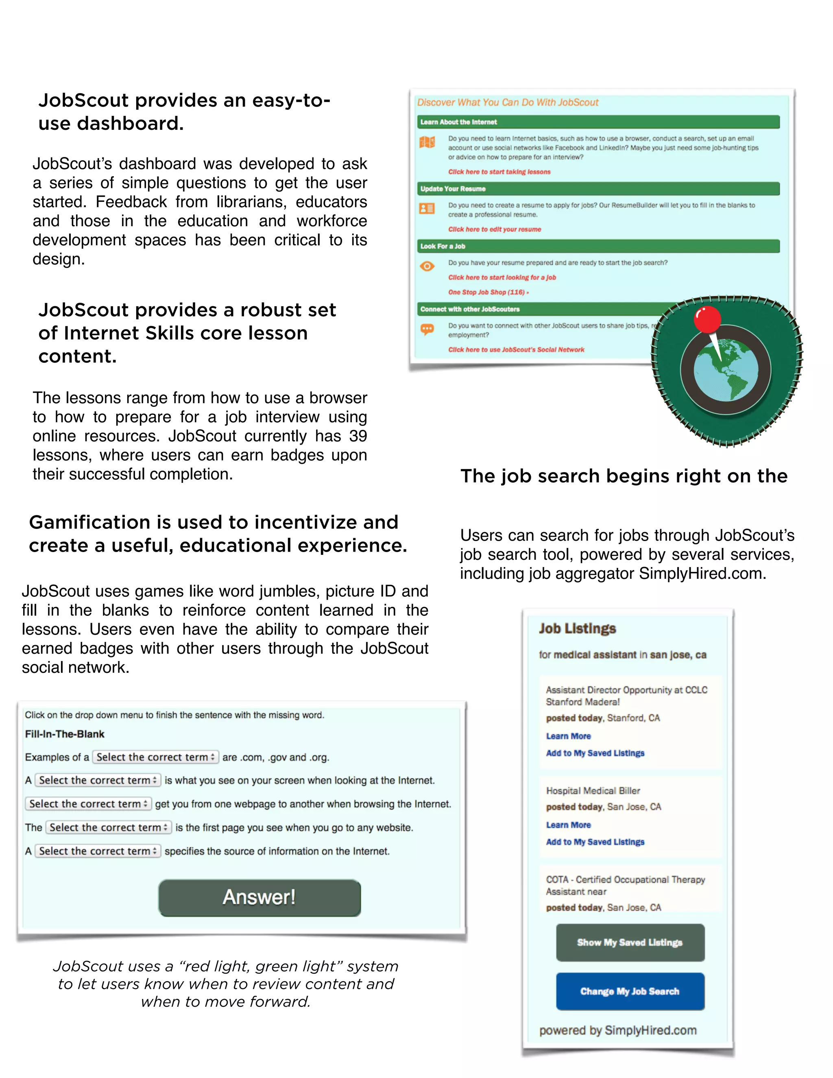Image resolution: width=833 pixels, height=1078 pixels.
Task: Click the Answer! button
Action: [x=259, y=897]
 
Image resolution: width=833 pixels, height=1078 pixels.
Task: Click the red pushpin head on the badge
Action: [x=707, y=319]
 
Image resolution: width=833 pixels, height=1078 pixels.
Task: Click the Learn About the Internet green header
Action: [x=597, y=122]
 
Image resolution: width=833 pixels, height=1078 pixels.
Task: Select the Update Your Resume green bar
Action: [x=597, y=189]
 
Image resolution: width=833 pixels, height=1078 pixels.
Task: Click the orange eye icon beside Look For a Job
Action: [x=427, y=266]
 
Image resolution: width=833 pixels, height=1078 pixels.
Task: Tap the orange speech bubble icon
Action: [x=427, y=329]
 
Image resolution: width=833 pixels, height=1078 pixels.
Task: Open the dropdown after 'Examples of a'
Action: [x=155, y=757]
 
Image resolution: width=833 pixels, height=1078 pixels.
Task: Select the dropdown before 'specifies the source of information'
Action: [x=98, y=851]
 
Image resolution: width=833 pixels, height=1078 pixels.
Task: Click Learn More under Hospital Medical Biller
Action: [x=568, y=825]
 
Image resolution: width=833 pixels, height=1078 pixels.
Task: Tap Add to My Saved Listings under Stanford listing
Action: [x=595, y=753]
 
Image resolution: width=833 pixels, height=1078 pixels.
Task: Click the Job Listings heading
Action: [x=577, y=628]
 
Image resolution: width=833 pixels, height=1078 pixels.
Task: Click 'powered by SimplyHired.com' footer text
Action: [x=618, y=1030]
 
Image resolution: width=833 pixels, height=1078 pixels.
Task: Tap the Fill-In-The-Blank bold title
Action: [x=65, y=734]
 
